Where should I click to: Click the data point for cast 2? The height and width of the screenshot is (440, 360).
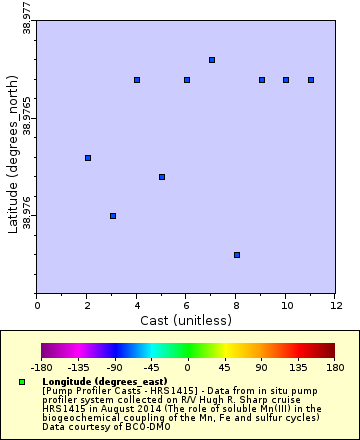88,158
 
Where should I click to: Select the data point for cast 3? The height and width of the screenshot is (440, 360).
113,216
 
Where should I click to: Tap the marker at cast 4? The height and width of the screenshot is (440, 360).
137,80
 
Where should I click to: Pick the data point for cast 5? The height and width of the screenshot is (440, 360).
162,177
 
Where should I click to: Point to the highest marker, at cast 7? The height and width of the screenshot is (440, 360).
212,60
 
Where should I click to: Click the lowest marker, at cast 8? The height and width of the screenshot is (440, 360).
237,255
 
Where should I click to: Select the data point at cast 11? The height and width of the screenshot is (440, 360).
311,80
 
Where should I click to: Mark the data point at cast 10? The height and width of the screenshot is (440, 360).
286,80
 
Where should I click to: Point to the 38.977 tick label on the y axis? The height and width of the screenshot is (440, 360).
27,20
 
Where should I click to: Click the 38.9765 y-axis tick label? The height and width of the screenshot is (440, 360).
27,117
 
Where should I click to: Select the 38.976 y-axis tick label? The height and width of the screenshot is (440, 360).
27,215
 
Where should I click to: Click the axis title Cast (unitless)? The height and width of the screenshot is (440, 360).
186,320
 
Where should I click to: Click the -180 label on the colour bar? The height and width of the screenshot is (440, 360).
42,367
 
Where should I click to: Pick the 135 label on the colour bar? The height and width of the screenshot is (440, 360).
298,367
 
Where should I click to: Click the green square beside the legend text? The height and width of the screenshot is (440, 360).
22,382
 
